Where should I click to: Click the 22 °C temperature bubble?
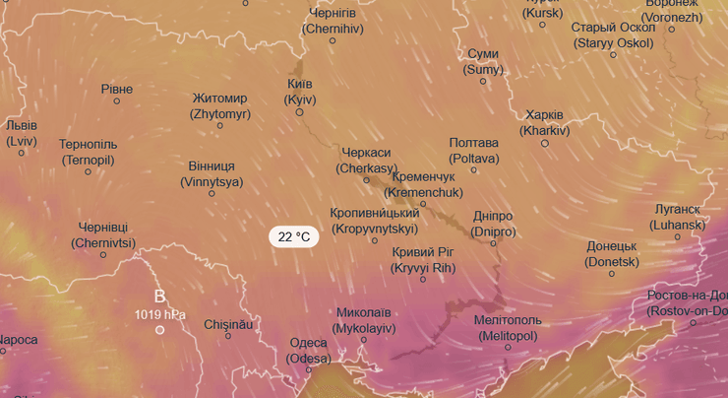tap(293, 236)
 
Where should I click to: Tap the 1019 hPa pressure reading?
tap(160, 314)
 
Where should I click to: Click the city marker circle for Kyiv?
tap(300, 112)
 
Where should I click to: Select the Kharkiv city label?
tap(545, 122)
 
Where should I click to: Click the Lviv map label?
tap(21, 133)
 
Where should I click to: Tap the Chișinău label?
tap(228, 323)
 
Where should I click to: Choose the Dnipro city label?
tap(494, 224)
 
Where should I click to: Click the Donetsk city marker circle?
tap(611, 273)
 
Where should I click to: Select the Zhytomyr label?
tap(220, 106)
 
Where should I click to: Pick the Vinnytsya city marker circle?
tap(212, 193)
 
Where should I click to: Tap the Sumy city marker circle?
tap(483, 81)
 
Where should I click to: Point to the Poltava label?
tap(473, 151)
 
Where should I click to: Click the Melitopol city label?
tap(508, 327)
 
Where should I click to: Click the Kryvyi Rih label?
tap(423, 260)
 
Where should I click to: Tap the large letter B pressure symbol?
tap(160, 296)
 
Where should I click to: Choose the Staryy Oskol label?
tap(612, 34)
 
